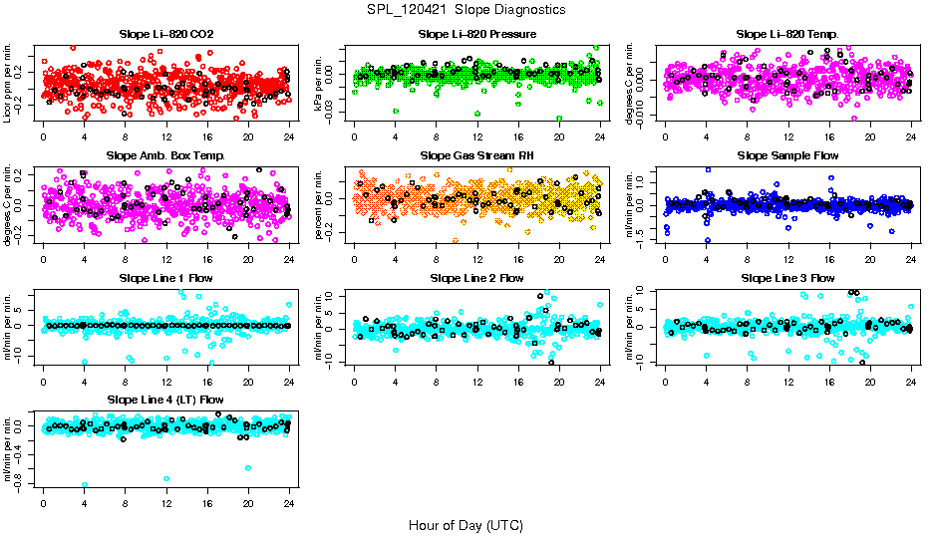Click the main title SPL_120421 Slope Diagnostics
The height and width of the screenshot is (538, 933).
tap(466, 9)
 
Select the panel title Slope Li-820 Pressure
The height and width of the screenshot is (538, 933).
tap(477, 34)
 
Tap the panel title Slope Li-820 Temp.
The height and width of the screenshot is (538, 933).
tap(787, 34)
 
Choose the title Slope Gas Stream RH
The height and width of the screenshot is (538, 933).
tap(477, 155)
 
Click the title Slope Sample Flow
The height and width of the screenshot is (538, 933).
tap(787, 155)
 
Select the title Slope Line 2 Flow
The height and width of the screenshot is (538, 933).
tap(477, 277)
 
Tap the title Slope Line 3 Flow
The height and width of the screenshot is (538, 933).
tap(787, 277)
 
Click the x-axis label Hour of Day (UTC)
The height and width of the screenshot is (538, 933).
tap(466, 524)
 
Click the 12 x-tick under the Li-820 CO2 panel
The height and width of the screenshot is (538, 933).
tap(166, 138)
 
